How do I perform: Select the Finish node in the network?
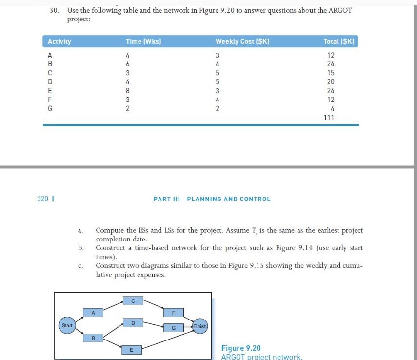[200, 326]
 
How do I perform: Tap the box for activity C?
[132, 300]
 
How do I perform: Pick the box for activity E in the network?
[131, 349]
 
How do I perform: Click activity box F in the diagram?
[174, 312]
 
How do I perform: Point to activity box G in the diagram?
[174, 328]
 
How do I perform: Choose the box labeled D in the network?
[132, 323]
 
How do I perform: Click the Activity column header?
[59, 41]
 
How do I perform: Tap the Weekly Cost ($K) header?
[242, 41]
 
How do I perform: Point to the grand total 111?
[329, 117]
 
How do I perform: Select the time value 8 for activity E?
[128, 90]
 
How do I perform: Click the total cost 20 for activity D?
[330, 81]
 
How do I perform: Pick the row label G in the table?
[49, 108]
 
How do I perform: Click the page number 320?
[43, 199]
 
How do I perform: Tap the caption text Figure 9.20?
[241, 348]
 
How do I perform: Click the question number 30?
[54, 10]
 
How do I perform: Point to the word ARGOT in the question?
[340, 10]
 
